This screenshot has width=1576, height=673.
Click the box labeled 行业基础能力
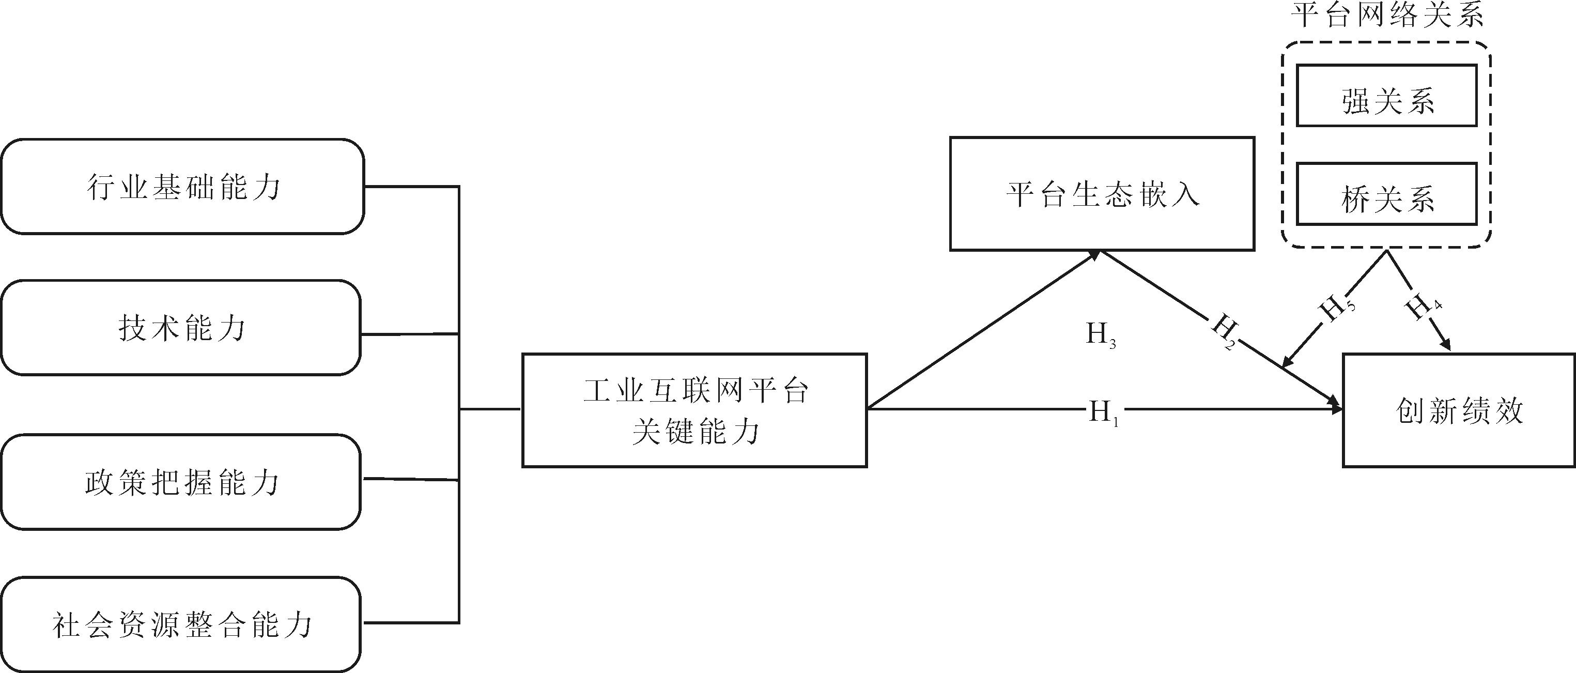click(182, 187)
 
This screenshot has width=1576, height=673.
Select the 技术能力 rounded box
click(181, 328)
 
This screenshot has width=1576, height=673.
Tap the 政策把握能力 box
click(181, 483)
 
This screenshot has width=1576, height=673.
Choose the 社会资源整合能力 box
click(181, 624)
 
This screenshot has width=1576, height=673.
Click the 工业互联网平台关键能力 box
click(694, 410)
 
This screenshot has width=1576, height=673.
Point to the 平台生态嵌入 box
click(1102, 194)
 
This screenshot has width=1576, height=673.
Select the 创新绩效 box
click(1459, 410)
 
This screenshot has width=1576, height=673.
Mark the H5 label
click(1337, 308)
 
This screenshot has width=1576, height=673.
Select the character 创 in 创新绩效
click(1410, 410)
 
